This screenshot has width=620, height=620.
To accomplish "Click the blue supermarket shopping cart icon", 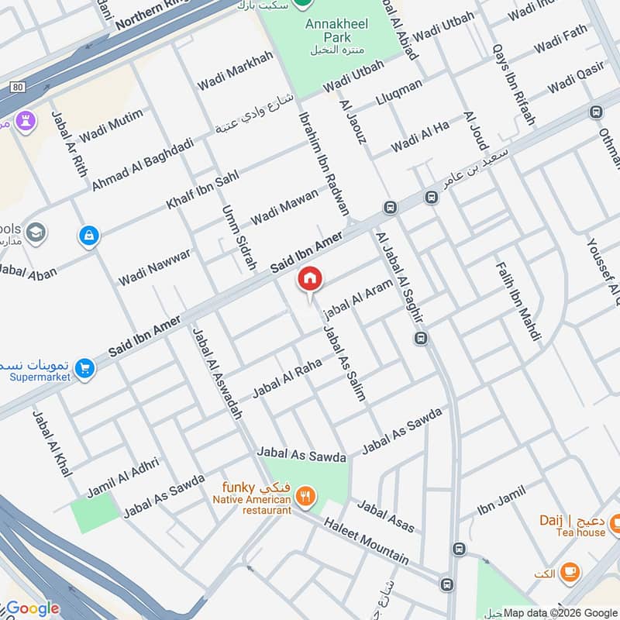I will [x=85, y=369].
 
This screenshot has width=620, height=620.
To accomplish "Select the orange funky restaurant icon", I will [x=307, y=497].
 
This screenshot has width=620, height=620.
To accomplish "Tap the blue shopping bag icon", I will [x=89, y=235].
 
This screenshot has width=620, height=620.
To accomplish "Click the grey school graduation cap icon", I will [x=36, y=232].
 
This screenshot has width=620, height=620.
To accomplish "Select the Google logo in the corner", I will [x=33, y=608].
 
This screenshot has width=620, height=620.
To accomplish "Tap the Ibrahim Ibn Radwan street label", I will [x=323, y=164].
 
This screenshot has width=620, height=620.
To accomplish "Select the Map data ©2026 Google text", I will [x=560, y=611].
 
